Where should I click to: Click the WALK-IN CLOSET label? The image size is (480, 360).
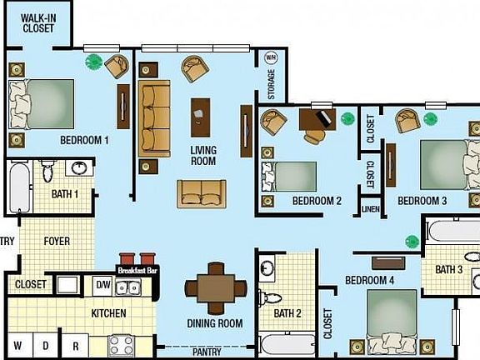click(37, 22)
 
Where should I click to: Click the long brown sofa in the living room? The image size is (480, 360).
click(154, 118)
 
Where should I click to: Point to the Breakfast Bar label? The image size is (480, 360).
click(137, 271)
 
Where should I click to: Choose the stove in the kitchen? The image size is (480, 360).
click(122, 344)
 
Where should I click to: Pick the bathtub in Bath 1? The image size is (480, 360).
click(18, 187)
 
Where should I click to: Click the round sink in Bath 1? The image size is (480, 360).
click(80, 168)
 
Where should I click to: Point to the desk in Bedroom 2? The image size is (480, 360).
click(317, 120)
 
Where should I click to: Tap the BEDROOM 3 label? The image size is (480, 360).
click(422, 201)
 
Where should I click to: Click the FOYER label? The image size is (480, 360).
click(57, 242)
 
